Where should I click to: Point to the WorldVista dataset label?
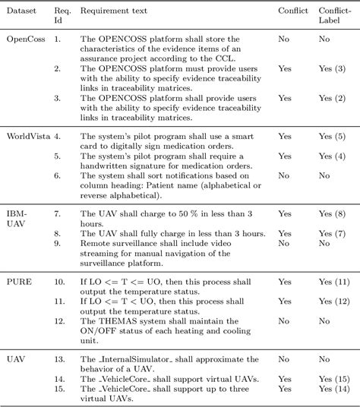(x=28, y=136)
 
